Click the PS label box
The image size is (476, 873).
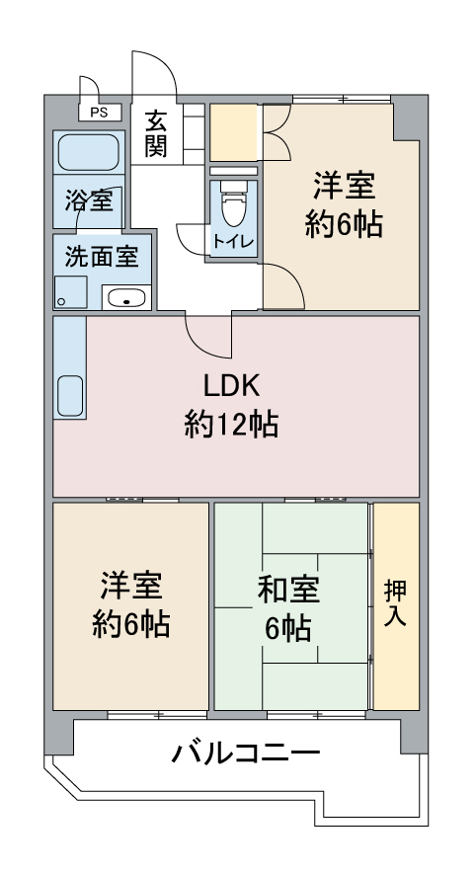click(x=99, y=113)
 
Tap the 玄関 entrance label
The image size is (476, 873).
click(x=156, y=134)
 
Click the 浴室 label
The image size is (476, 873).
click(x=88, y=201)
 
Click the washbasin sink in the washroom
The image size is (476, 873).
click(x=125, y=297)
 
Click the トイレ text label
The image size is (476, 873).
click(x=233, y=242)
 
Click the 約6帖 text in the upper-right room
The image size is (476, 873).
click(x=344, y=225)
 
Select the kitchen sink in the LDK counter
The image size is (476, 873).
click(x=71, y=395)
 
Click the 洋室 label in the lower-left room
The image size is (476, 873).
click(x=130, y=585)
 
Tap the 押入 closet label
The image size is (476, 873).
click(x=396, y=604)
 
